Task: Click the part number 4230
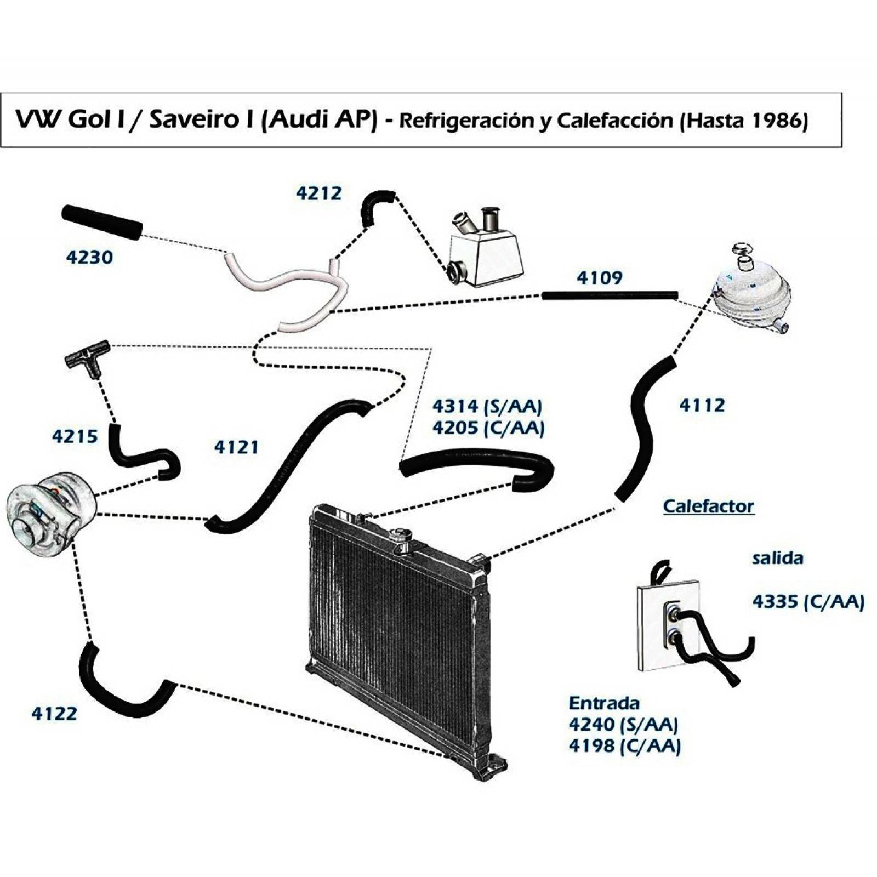pos(89,257)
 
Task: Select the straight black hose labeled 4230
pos(102,221)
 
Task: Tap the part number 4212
pos(318,193)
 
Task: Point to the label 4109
pos(599,278)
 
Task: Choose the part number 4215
pos(75,437)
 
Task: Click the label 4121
pos(236,447)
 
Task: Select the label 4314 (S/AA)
pos(487,406)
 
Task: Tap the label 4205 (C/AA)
pos(488,428)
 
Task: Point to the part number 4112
pos(702,406)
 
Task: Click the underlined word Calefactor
pos(708,506)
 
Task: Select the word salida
pos(777,559)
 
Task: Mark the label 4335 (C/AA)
pos(807,602)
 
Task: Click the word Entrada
pos(603,703)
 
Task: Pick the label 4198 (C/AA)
pos(624,746)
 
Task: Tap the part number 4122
pos(54,714)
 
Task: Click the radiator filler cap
pos(401,537)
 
